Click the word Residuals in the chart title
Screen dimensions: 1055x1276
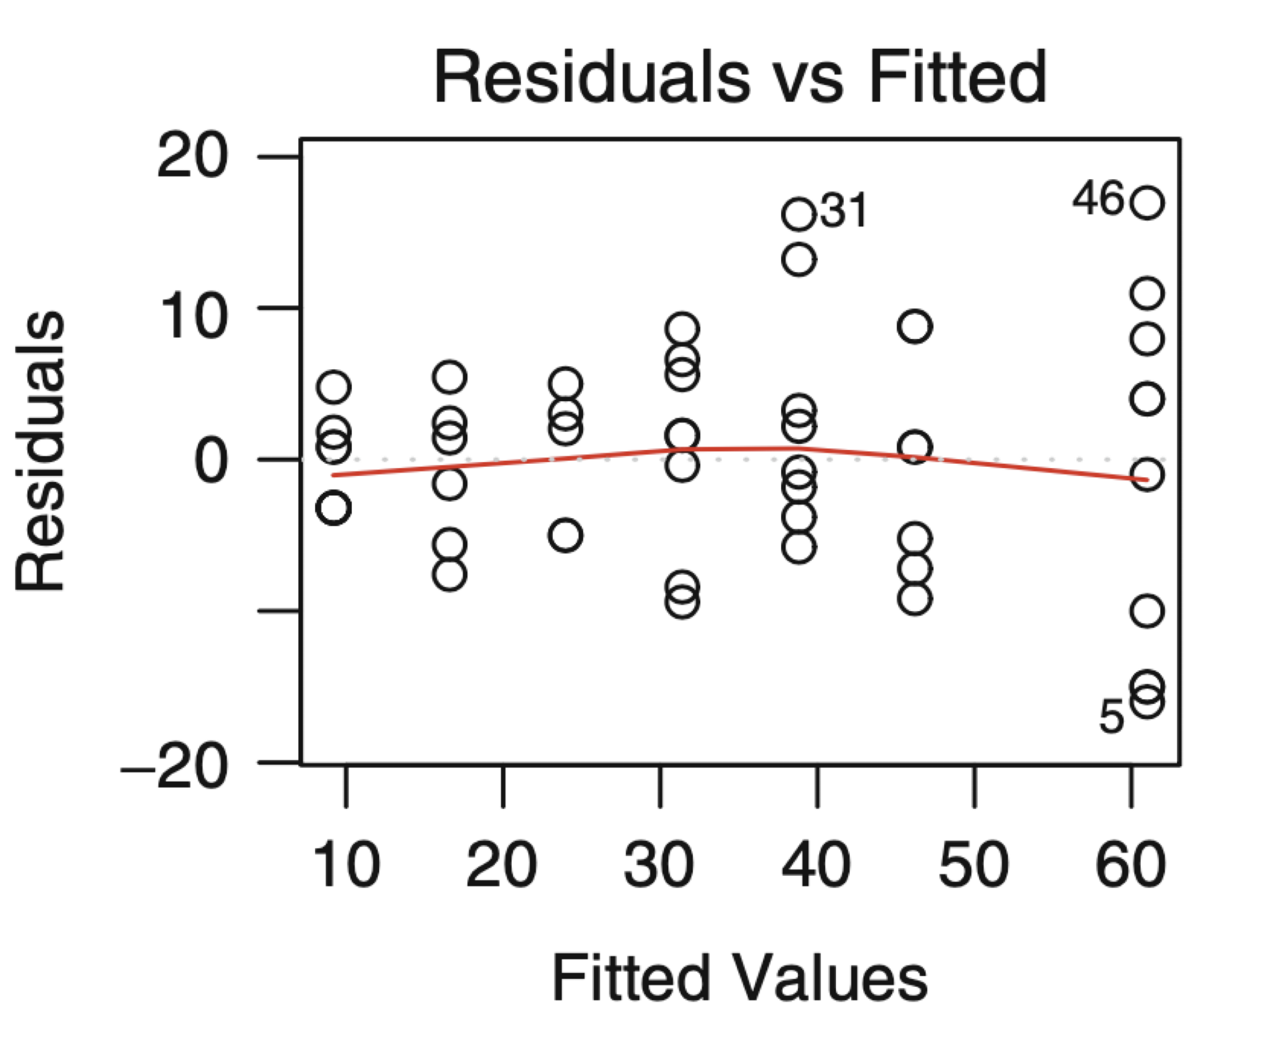point(592,78)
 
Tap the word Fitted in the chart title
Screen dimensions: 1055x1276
point(958,78)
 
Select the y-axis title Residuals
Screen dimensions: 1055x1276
point(40,451)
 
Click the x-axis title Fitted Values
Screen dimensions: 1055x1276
point(739,978)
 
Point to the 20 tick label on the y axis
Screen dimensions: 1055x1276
point(192,156)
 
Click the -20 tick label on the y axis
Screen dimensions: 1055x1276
point(175,768)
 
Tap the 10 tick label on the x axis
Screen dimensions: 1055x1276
point(346,865)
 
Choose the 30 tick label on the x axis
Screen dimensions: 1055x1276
point(659,865)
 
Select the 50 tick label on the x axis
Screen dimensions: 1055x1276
point(973,865)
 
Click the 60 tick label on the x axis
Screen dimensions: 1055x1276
point(1130,865)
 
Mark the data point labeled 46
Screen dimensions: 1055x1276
point(1147,203)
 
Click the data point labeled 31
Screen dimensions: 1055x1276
point(799,215)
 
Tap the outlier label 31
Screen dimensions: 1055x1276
point(844,211)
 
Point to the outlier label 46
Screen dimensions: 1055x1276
point(1099,199)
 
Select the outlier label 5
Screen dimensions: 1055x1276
point(1111,717)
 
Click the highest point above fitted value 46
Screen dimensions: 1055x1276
point(915,326)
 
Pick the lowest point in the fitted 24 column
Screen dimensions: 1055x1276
point(566,535)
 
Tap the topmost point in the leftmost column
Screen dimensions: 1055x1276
point(334,386)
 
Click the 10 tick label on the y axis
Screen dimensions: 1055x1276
point(192,316)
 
